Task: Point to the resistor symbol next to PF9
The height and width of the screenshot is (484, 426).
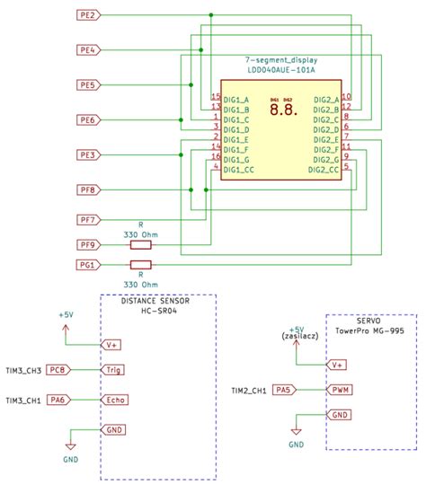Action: click(141, 244)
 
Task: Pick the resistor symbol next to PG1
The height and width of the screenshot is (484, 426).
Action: click(141, 265)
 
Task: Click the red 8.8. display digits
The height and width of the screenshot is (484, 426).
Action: click(281, 110)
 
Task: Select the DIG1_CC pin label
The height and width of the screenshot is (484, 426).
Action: click(238, 169)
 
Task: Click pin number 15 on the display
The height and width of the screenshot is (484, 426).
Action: click(216, 96)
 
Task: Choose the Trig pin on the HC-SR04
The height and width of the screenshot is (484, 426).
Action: click(114, 369)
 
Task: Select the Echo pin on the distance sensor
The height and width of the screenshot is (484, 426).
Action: click(115, 400)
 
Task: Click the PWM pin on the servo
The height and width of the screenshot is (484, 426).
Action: click(341, 390)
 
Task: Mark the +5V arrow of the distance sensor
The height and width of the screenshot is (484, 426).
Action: click(67, 327)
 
